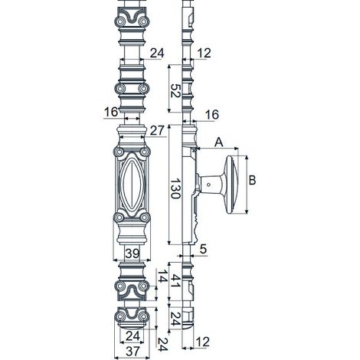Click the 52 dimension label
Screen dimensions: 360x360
[x=175, y=90]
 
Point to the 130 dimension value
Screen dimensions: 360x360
[x=175, y=188]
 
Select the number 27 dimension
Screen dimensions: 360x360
[x=156, y=130]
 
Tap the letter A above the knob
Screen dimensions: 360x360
[x=218, y=142]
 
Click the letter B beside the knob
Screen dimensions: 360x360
[x=252, y=180]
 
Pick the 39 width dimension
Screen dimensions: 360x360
[x=133, y=254]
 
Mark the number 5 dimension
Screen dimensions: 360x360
[x=203, y=249]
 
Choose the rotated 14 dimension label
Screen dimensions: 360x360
[x=161, y=276]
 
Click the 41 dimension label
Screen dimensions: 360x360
[x=175, y=280]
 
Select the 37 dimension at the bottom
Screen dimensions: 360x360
[x=133, y=352]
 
